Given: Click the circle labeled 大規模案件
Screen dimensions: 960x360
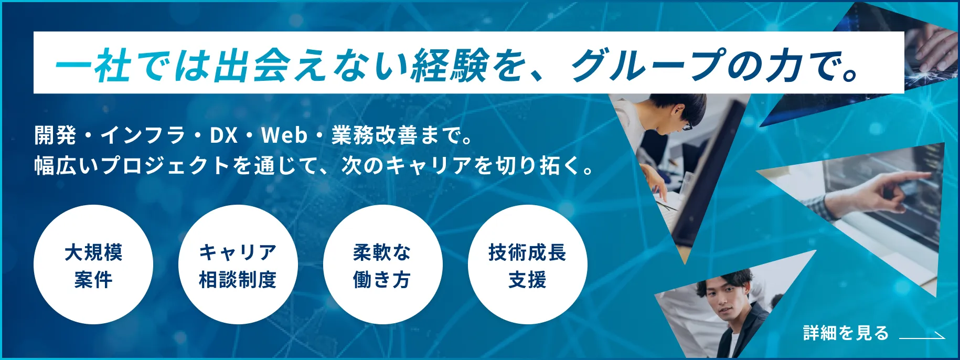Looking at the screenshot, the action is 93,264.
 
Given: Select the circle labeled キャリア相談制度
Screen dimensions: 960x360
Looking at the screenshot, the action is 238,264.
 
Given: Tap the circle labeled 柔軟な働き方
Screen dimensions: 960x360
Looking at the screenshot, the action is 383,264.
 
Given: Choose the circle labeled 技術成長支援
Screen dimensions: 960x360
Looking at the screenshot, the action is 528,264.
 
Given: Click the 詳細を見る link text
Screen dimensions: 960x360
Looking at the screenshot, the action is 846,333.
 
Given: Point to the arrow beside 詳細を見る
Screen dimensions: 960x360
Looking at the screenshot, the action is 922,336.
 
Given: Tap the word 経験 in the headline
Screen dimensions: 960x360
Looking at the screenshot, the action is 450,65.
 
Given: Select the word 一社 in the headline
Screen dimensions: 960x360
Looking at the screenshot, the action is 93,65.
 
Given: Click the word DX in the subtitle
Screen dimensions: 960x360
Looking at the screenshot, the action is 224,136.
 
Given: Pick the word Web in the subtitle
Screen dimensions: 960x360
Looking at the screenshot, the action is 284,136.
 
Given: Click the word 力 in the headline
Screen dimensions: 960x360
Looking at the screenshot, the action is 784,65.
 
